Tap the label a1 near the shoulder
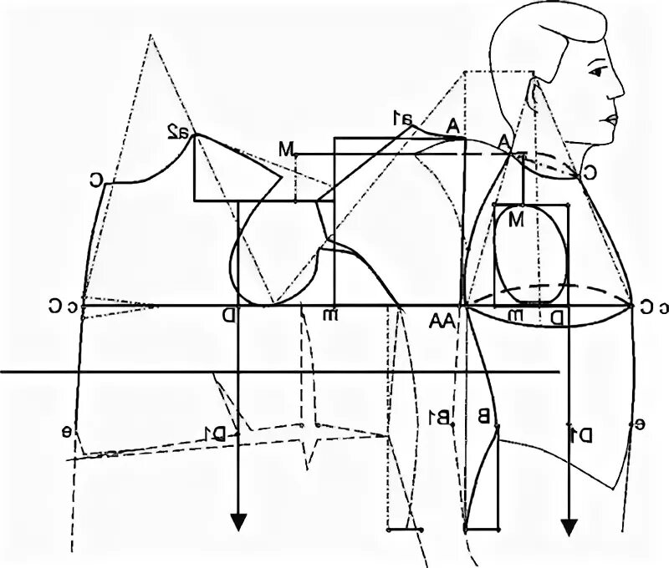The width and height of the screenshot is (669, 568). [x=403, y=119]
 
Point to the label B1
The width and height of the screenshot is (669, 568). [x=440, y=415]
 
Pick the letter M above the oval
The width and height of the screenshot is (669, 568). [x=515, y=221]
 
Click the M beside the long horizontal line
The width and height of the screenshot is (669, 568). [x=288, y=150]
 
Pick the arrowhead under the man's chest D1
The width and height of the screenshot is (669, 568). [x=569, y=527]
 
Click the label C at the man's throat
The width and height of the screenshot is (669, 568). [x=589, y=174]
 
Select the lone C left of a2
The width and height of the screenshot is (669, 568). [x=97, y=179]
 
